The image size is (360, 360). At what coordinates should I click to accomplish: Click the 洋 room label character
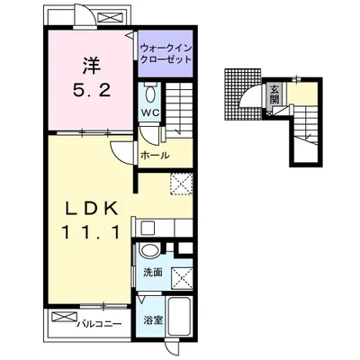point(91,66)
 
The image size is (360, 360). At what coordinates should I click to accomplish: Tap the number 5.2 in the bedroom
point(92,90)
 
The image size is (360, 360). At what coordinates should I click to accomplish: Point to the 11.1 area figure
point(91,232)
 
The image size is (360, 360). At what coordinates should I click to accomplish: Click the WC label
point(150,112)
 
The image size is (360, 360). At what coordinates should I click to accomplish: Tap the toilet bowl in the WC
point(150,94)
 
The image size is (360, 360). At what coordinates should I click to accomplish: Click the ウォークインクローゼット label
point(166,53)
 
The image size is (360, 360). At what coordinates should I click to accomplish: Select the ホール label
point(155,156)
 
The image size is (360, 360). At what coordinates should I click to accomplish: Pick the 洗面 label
point(153,273)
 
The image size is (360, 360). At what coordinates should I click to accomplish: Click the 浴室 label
point(153,320)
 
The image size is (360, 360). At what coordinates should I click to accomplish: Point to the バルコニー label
point(99,324)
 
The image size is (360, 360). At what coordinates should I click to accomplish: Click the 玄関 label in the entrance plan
point(274,94)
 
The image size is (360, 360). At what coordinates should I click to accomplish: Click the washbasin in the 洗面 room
point(150,250)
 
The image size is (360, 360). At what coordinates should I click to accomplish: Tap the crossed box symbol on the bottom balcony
point(64,317)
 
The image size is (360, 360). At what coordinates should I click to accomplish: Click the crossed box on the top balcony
point(110,18)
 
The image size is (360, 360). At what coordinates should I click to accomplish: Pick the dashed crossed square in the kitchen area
point(182,184)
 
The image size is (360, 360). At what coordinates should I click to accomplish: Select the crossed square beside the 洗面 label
point(182,278)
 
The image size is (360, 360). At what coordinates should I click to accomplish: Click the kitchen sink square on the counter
point(148,229)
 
